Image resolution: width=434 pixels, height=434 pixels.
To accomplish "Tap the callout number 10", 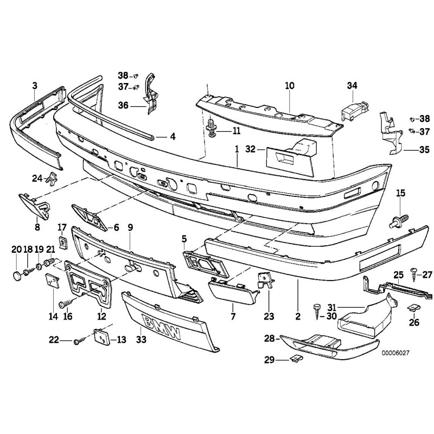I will click(x=289, y=86).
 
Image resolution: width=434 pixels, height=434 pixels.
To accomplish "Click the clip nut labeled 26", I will click(x=413, y=308).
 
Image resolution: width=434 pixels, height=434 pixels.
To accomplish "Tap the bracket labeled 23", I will click(x=264, y=280).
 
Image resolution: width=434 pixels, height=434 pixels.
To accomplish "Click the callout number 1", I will click(x=237, y=149).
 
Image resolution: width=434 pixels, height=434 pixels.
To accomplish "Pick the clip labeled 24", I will click(x=52, y=177).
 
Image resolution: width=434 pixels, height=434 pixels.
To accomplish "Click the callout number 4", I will click(x=173, y=137).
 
